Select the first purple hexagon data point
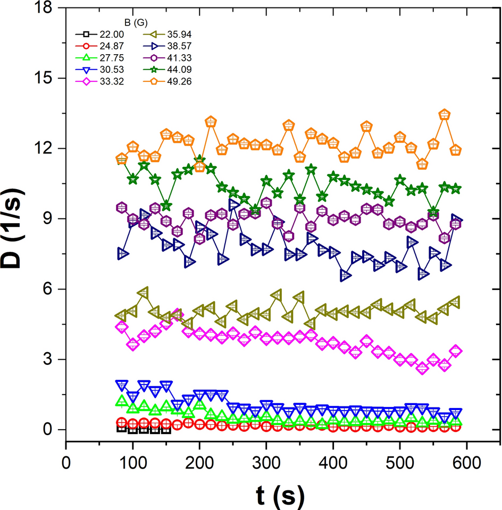coord(122,207)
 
